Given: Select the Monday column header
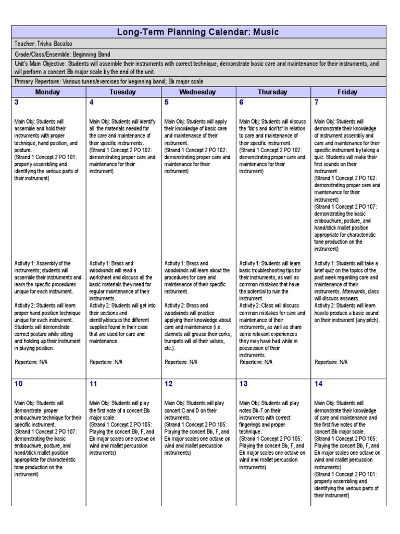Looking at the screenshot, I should click(x=47, y=92).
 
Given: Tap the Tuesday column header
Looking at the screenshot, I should click(x=122, y=92).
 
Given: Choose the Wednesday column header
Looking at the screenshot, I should click(x=197, y=92).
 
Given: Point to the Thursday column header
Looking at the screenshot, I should click(x=272, y=92).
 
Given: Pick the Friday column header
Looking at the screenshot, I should click(x=347, y=92).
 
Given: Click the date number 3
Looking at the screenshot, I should click(x=17, y=102).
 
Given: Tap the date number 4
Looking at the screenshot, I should click(x=92, y=102).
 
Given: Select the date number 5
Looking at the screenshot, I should click(x=167, y=102).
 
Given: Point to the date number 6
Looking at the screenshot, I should click(x=241, y=102).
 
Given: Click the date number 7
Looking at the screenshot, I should click(x=316, y=102).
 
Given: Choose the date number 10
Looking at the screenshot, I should click(x=19, y=384).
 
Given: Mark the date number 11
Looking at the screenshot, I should click(x=93, y=384).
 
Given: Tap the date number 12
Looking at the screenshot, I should click(x=169, y=384).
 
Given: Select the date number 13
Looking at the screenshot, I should click(x=243, y=384).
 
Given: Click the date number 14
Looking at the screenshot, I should click(x=318, y=384).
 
